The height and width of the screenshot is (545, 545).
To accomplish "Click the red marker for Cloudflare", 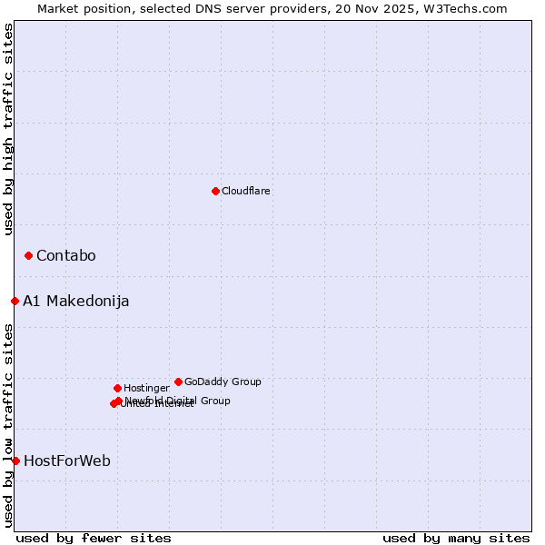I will click(215, 191).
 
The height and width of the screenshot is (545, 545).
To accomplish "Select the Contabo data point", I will click(28, 255).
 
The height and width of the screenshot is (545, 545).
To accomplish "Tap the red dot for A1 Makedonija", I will click(15, 301).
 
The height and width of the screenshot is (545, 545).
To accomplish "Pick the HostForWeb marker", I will click(15, 461).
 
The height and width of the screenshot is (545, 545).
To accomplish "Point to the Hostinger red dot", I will click(117, 388).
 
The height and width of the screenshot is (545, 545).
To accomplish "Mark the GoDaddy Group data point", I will click(178, 381).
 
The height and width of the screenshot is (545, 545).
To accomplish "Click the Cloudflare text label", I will click(246, 191).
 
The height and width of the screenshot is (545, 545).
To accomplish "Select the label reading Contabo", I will click(66, 255).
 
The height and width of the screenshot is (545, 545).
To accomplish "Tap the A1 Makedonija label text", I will click(76, 301).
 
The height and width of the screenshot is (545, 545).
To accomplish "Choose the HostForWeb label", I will click(67, 461).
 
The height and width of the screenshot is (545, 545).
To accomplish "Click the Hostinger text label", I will click(146, 388).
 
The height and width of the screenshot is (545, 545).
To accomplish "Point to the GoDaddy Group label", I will click(223, 381).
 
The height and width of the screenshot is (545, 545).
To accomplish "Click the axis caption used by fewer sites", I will click(94, 538).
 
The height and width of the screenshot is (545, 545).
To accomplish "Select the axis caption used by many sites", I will click(456, 538).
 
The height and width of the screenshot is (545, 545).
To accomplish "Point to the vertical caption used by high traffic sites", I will click(8, 129).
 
